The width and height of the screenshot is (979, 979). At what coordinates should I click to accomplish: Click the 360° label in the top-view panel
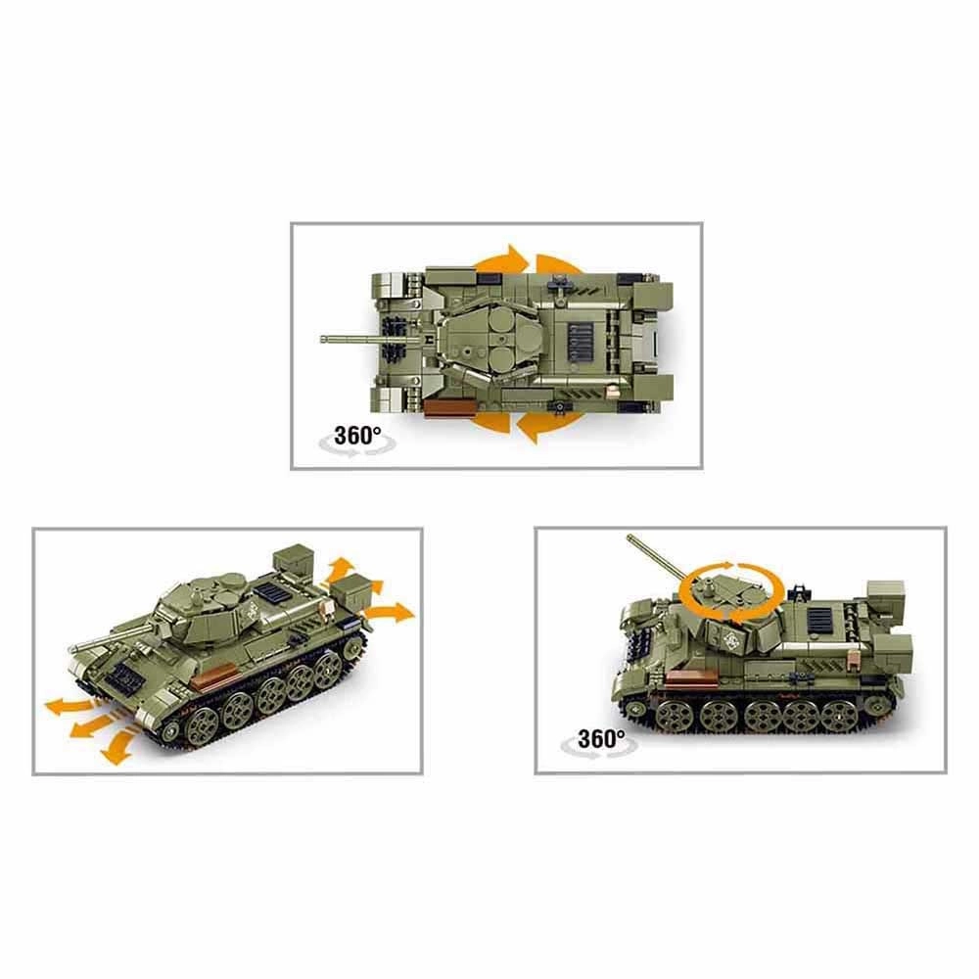point(357,436)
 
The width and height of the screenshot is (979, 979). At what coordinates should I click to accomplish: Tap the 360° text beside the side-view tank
point(601,738)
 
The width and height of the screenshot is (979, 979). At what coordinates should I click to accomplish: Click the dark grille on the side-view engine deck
point(819,620)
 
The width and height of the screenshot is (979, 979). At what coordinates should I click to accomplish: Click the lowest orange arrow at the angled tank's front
point(117,747)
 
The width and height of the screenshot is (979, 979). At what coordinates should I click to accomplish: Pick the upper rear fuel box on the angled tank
point(294,559)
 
